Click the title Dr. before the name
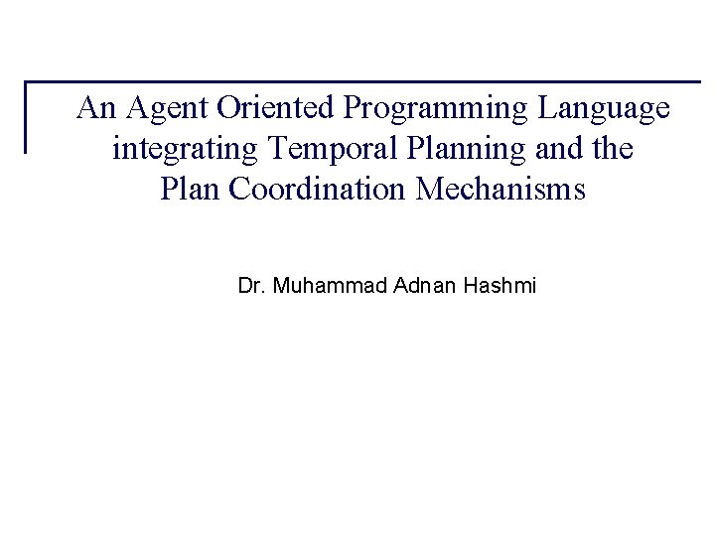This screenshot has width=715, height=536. coord(250,287)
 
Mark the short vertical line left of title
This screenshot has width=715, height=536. coord(26,116)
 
